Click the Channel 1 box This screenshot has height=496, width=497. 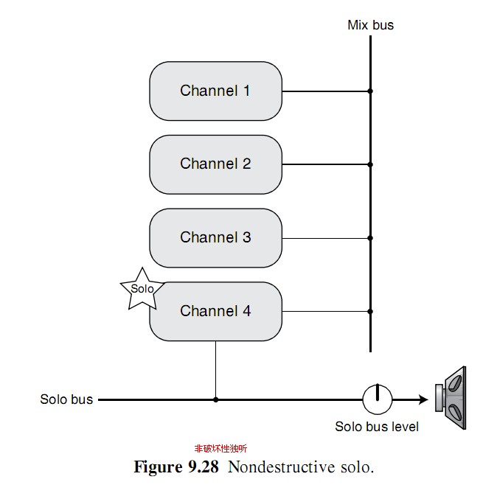pyautogui.click(x=215, y=91)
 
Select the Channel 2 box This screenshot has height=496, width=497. pyautogui.click(x=215, y=164)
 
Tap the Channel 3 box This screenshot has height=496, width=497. pyautogui.click(x=215, y=238)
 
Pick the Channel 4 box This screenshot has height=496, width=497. pyautogui.click(x=215, y=311)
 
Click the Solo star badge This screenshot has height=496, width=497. pyautogui.click(x=142, y=290)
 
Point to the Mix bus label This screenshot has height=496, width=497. pyautogui.click(x=370, y=25)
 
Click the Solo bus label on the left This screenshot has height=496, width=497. pyautogui.click(x=66, y=399)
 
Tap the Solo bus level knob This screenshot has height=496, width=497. pyautogui.click(x=378, y=399)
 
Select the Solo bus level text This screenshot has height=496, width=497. pyautogui.click(x=377, y=426)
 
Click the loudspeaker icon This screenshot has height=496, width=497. pyautogui.click(x=451, y=398)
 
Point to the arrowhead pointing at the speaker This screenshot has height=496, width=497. pyautogui.click(x=423, y=399)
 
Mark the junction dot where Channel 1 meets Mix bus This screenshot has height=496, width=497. pyautogui.click(x=370, y=91)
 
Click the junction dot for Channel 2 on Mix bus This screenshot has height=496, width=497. pyautogui.click(x=370, y=164)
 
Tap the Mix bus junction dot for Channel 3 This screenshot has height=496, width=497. pyautogui.click(x=370, y=238)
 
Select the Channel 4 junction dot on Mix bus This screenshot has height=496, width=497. pyautogui.click(x=370, y=311)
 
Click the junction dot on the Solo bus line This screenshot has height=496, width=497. pyautogui.click(x=216, y=399)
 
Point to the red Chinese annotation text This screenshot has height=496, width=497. pyautogui.click(x=220, y=448)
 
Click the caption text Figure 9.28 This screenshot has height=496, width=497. pyautogui.click(x=176, y=467)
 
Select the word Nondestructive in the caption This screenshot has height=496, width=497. pyautogui.click(x=282, y=467)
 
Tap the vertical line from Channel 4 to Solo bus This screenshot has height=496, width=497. pyautogui.click(x=216, y=370)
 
